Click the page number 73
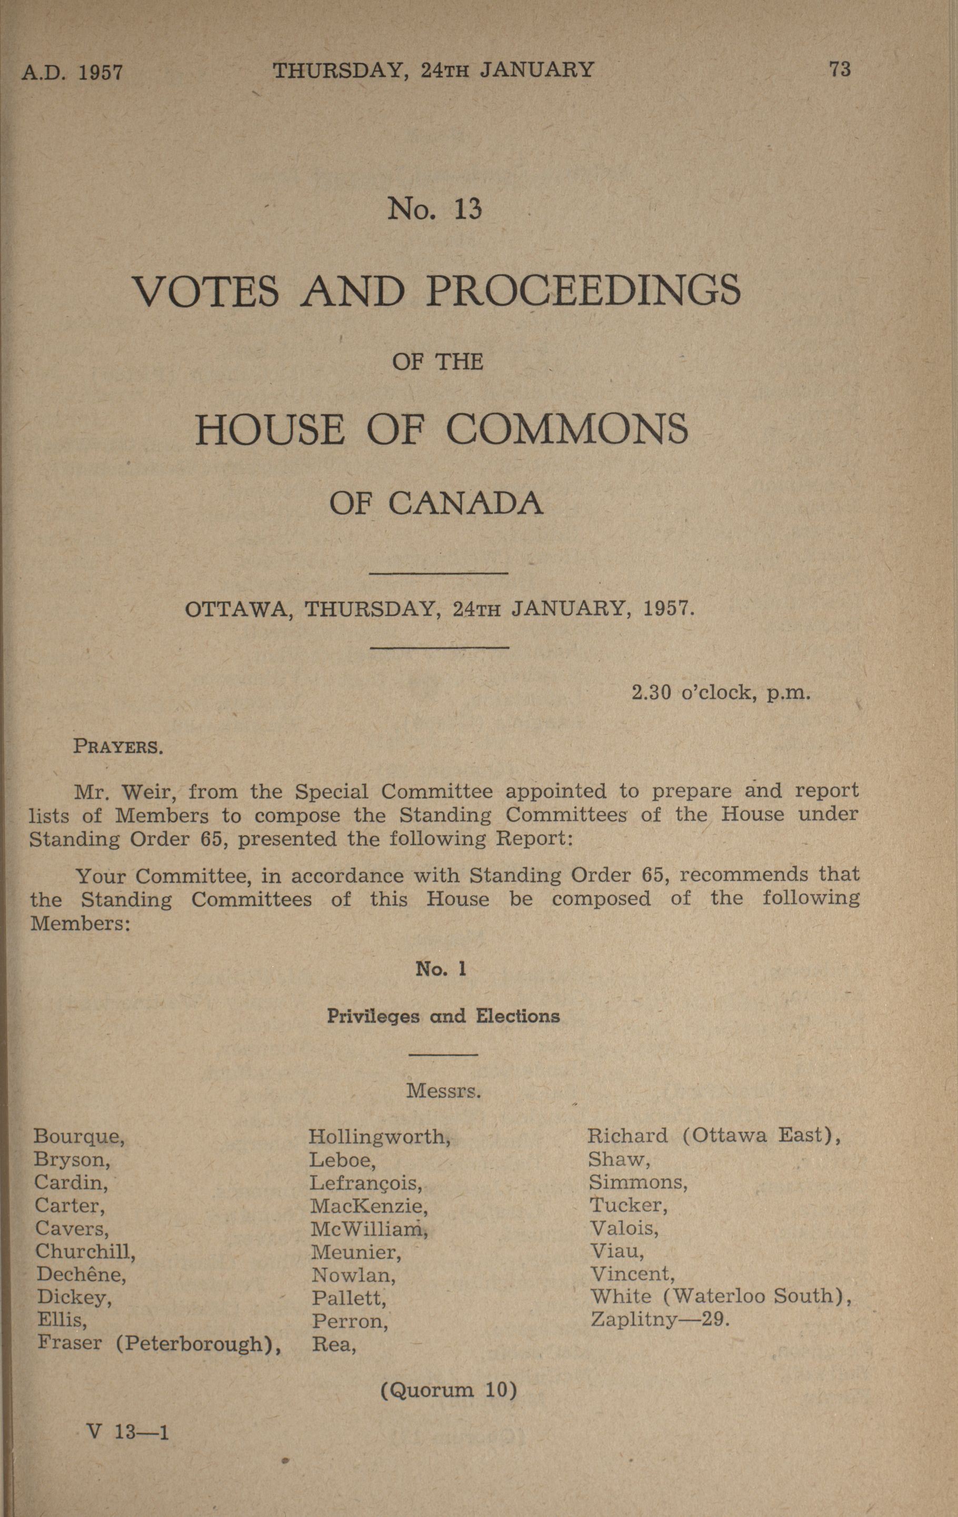[x=840, y=69]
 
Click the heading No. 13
[x=434, y=208]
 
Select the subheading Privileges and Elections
[x=443, y=1016]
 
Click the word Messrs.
[x=444, y=1090]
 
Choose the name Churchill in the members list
[x=86, y=1252]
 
